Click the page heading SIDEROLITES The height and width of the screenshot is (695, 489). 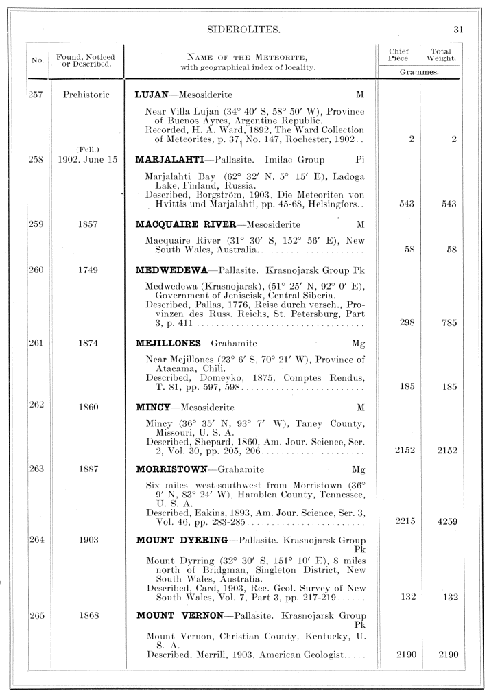click(245, 30)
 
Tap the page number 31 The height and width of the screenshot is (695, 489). click(459, 30)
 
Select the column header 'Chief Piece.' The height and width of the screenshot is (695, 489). click(398, 55)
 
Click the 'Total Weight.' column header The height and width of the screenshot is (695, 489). click(441, 55)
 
